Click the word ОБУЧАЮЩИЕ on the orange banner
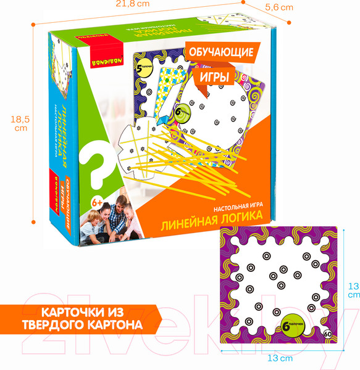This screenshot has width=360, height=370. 219,54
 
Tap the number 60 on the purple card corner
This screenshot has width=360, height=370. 326,334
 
